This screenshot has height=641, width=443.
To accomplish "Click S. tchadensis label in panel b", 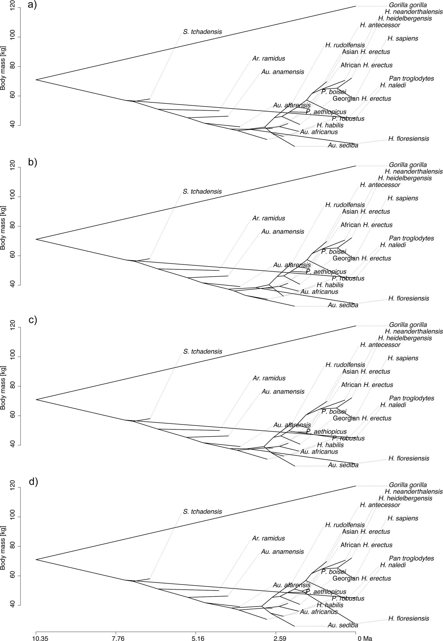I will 202,192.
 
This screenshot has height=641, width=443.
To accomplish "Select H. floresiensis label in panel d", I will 409,618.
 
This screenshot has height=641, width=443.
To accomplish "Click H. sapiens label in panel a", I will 403,38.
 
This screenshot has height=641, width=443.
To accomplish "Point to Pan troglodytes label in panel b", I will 411,238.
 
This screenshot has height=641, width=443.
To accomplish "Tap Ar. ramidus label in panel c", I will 269,378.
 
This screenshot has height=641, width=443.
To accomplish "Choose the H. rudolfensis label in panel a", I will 345,45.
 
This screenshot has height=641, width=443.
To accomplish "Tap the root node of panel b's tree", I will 36,239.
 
